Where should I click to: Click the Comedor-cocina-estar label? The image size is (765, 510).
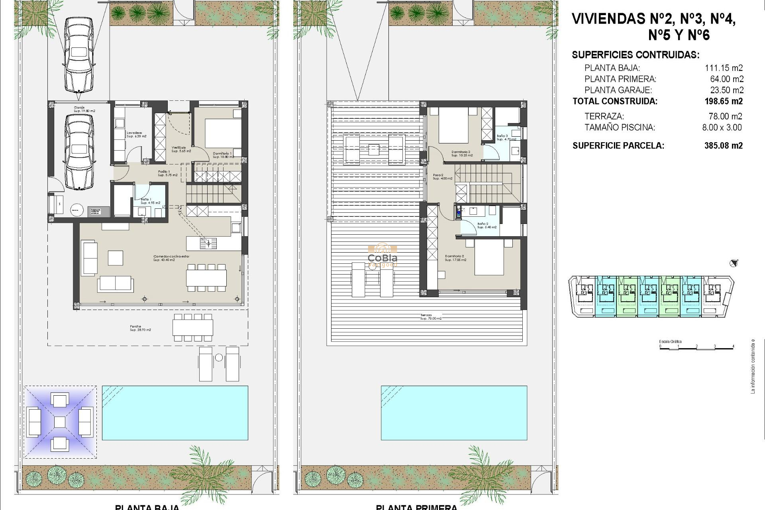pos(172,258)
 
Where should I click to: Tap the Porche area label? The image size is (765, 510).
pos(140,328)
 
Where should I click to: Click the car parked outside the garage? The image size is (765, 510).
pos(79,55)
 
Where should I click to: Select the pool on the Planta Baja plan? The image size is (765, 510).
pos(175,412)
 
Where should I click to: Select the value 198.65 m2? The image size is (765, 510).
pos(724,101)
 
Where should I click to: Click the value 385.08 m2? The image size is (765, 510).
pos(723,145)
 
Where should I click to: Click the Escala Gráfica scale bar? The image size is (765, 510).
pos(696,347)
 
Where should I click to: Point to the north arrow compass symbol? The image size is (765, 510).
pos(734,263)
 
